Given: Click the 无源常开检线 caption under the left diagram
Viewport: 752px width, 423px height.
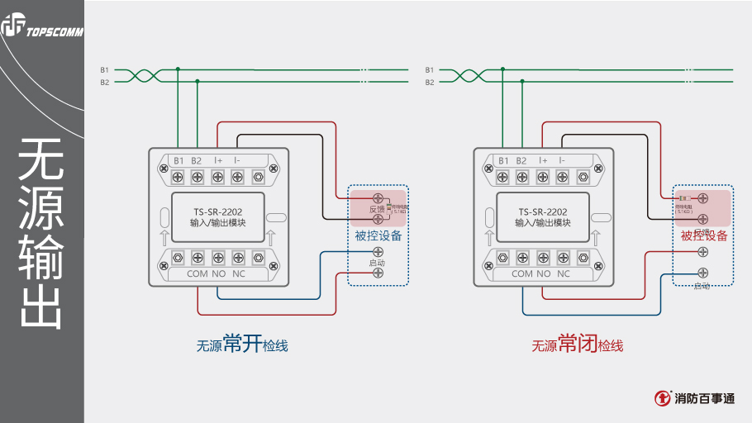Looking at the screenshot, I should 241,345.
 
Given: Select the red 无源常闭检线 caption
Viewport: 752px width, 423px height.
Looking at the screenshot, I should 577,345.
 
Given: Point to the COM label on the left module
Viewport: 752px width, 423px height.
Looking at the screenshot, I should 198,273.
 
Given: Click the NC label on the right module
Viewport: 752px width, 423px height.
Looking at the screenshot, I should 564,273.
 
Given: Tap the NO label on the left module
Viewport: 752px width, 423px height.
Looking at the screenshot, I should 219,273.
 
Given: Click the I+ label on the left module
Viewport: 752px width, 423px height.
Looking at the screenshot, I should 218,160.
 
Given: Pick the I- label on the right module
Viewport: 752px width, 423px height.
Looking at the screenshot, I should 562,160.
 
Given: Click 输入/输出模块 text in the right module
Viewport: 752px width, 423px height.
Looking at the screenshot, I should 543,223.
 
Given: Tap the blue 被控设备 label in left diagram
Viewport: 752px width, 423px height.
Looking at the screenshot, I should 378,236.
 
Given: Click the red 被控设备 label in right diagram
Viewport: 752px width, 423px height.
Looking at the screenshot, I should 704,236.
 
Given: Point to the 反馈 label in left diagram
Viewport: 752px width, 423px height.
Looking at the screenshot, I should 377,209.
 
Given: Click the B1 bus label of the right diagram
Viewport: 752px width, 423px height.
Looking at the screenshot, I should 430,70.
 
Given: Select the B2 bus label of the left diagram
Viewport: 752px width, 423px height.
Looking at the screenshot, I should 105,83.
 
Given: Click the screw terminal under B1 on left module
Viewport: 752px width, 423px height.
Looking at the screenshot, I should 178,176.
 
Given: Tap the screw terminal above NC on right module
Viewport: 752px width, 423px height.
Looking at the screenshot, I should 563,256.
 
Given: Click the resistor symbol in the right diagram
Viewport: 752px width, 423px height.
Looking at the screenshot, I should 683,199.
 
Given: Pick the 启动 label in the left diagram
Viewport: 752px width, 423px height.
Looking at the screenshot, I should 377,263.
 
